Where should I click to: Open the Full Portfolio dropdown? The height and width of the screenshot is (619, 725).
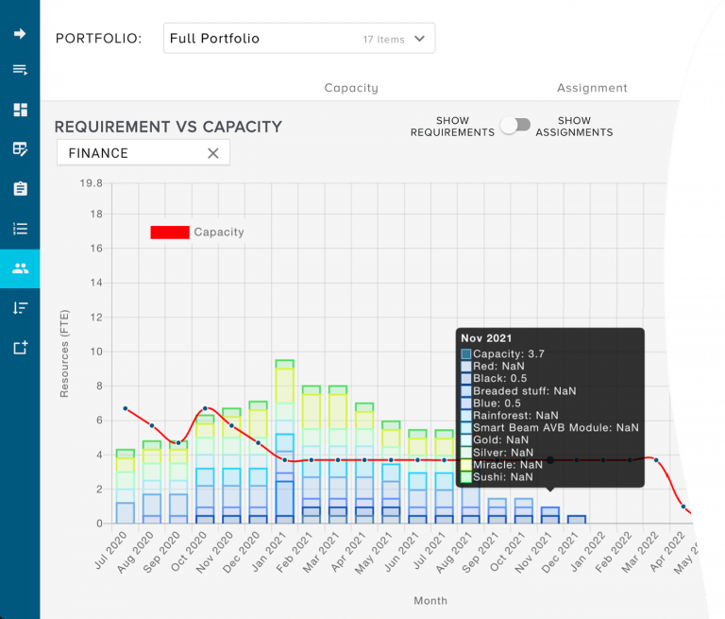298,39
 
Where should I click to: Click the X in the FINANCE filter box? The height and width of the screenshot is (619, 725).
212,153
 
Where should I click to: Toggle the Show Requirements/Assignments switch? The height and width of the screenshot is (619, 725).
515,126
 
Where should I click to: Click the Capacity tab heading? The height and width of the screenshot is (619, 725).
350,88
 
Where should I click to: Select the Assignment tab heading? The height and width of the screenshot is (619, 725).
592,88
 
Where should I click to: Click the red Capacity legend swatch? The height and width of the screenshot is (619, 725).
170,232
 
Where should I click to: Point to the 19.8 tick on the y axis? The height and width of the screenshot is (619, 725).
92,183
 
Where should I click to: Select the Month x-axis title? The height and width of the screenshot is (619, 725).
430,600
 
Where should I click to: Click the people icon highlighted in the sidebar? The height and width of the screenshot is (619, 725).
20,268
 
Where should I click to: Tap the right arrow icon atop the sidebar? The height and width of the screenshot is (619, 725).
20,34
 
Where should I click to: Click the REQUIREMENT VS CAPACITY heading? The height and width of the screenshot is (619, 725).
168,127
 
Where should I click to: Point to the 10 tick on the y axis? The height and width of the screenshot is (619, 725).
95,352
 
